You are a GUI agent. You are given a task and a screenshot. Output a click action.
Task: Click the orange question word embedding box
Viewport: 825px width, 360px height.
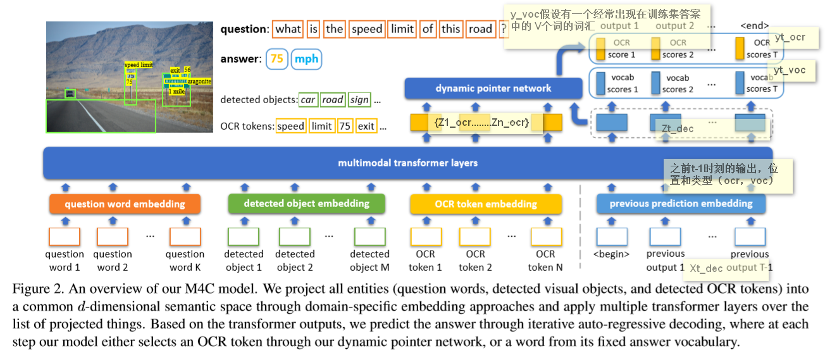click(x=125, y=204)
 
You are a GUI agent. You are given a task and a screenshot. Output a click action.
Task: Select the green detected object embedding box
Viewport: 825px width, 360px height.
click(x=306, y=204)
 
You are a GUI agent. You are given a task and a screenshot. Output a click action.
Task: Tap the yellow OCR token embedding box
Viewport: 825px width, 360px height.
click(x=485, y=204)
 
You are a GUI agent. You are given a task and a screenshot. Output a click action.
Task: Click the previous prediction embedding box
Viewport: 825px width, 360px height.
click(x=681, y=204)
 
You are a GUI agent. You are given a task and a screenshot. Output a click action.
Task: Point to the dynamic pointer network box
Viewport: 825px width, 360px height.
click(x=493, y=89)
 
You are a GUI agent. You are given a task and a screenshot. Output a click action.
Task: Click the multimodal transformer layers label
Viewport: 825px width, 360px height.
click(x=407, y=163)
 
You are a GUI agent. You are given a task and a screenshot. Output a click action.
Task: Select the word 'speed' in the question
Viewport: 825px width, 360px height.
click(x=367, y=29)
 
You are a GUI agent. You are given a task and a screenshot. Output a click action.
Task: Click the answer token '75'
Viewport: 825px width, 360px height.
click(x=276, y=59)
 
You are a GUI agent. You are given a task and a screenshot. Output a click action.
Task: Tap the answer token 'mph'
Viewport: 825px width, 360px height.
click(x=307, y=59)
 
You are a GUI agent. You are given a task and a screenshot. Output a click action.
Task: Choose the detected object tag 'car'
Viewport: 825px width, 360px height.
click(x=307, y=100)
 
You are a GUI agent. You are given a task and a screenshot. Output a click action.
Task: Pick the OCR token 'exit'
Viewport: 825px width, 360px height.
click(x=366, y=126)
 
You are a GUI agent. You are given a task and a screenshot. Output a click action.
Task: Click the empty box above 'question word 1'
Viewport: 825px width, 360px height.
click(x=65, y=237)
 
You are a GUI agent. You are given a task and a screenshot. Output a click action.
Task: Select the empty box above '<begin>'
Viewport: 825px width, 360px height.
click(x=611, y=237)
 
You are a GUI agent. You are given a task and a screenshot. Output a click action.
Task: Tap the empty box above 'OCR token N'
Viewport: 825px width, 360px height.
click(x=546, y=237)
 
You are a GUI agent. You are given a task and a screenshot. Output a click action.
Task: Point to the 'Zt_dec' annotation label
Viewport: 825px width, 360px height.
click(x=677, y=128)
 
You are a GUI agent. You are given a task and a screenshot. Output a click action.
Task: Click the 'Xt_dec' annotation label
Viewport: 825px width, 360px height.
click(x=705, y=268)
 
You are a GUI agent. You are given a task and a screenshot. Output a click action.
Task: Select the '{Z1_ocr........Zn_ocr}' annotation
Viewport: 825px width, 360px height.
click(x=481, y=123)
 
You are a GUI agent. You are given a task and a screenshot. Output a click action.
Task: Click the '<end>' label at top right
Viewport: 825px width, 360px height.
click(x=754, y=26)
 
